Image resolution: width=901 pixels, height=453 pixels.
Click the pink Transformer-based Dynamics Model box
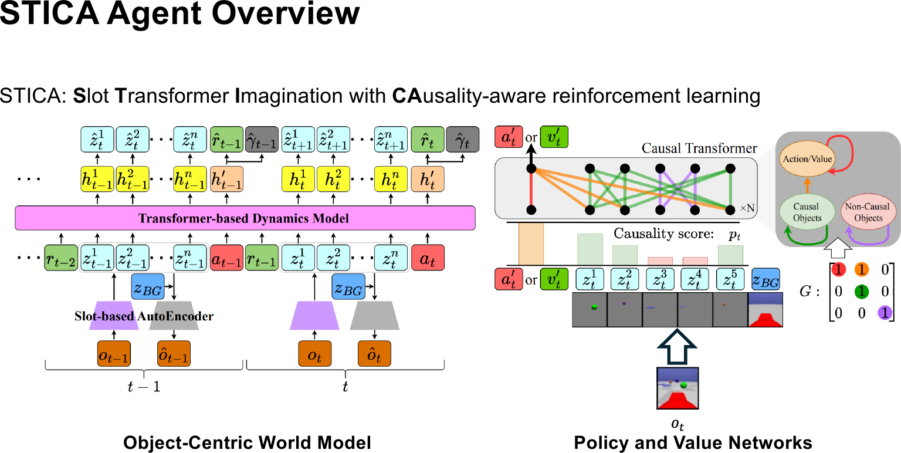(243, 218)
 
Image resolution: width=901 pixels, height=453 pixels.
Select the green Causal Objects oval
(807, 212)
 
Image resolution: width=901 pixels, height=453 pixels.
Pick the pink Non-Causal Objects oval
(868, 212)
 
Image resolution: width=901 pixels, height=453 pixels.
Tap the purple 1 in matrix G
(887, 313)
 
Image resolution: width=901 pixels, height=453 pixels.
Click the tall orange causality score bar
(531, 244)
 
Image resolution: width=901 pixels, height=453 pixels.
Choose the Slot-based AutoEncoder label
(144, 316)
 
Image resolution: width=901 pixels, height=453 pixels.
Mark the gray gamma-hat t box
(462, 141)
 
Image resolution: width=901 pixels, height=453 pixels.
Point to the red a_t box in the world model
(428, 257)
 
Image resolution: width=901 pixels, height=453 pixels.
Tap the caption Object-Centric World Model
(247, 442)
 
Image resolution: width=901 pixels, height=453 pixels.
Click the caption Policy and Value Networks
(693, 442)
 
